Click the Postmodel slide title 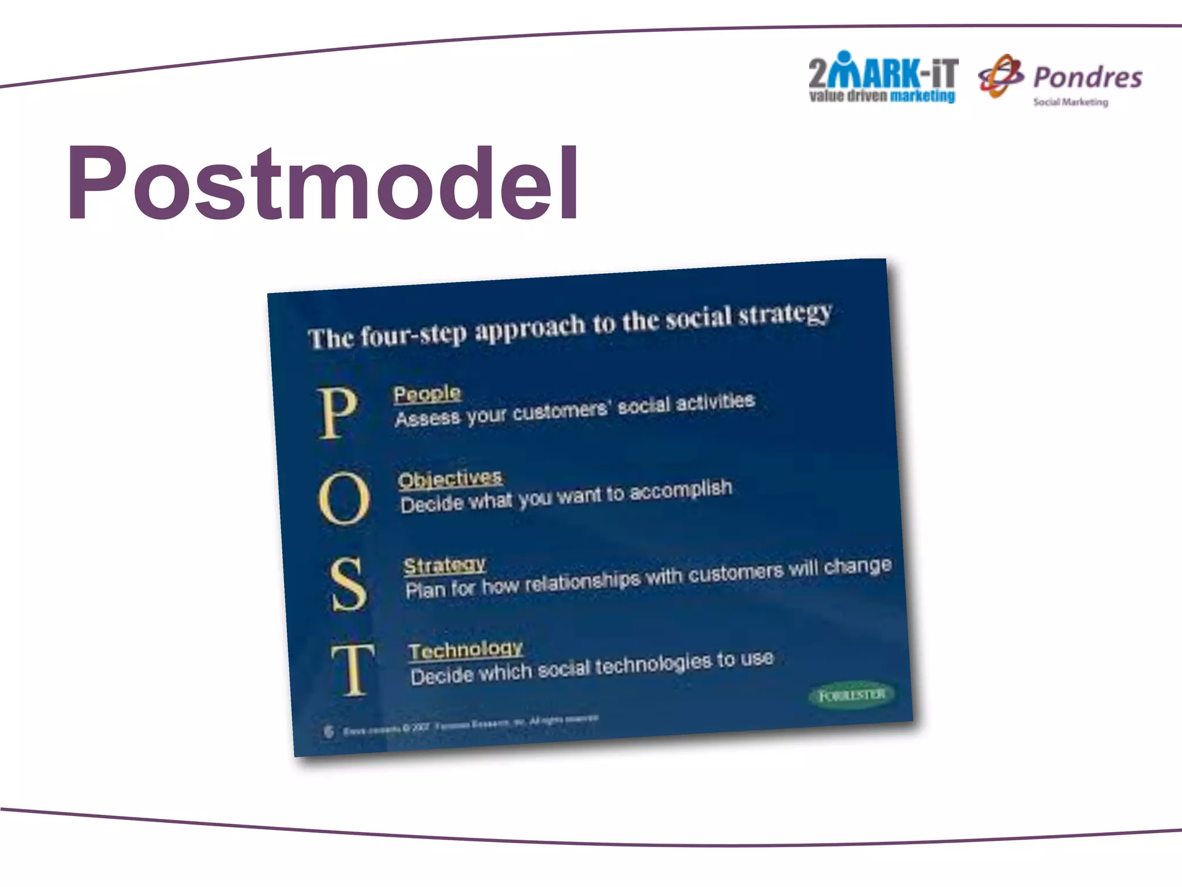click(x=323, y=184)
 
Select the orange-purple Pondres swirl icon click(x=1001, y=76)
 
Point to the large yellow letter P click(x=338, y=412)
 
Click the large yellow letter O click(x=344, y=498)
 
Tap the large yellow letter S click(x=349, y=584)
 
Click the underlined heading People click(x=427, y=394)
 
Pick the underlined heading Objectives click(x=450, y=479)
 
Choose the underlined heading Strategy click(x=444, y=564)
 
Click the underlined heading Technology click(x=466, y=649)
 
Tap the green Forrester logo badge click(x=852, y=695)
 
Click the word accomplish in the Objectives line click(x=680, y=491)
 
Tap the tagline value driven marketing click(x=882, y=96)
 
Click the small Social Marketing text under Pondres click(x=1071, y=102)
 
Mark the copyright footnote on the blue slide click(x=470, y=725)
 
